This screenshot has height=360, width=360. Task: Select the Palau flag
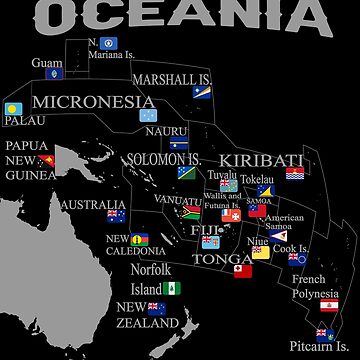coord(13,109)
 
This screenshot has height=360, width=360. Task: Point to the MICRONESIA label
coord(93,101)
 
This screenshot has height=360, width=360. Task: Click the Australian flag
coord(115,215)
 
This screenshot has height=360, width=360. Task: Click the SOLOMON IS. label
coord(164,159)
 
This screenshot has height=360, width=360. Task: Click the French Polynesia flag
coord(329,305)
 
